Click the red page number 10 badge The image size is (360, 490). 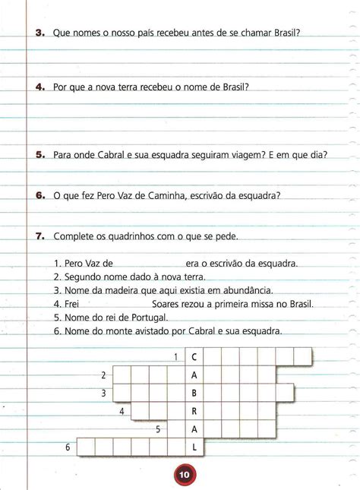click(x=185, y=476)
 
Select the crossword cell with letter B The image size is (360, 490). click(x=194, y=393)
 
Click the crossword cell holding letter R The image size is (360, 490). click(x=194, y=411)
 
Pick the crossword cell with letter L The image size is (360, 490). click(x=194, y=447)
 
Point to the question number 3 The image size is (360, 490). click(x=40, y=33)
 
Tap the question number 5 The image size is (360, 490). click(x=40, y=155)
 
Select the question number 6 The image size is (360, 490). click(x=40, y=195)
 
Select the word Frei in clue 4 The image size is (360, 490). click(x=74, y=304)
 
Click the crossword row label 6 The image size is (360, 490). click(x=68, y=447)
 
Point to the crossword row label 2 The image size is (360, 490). click(x=104, y=375)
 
